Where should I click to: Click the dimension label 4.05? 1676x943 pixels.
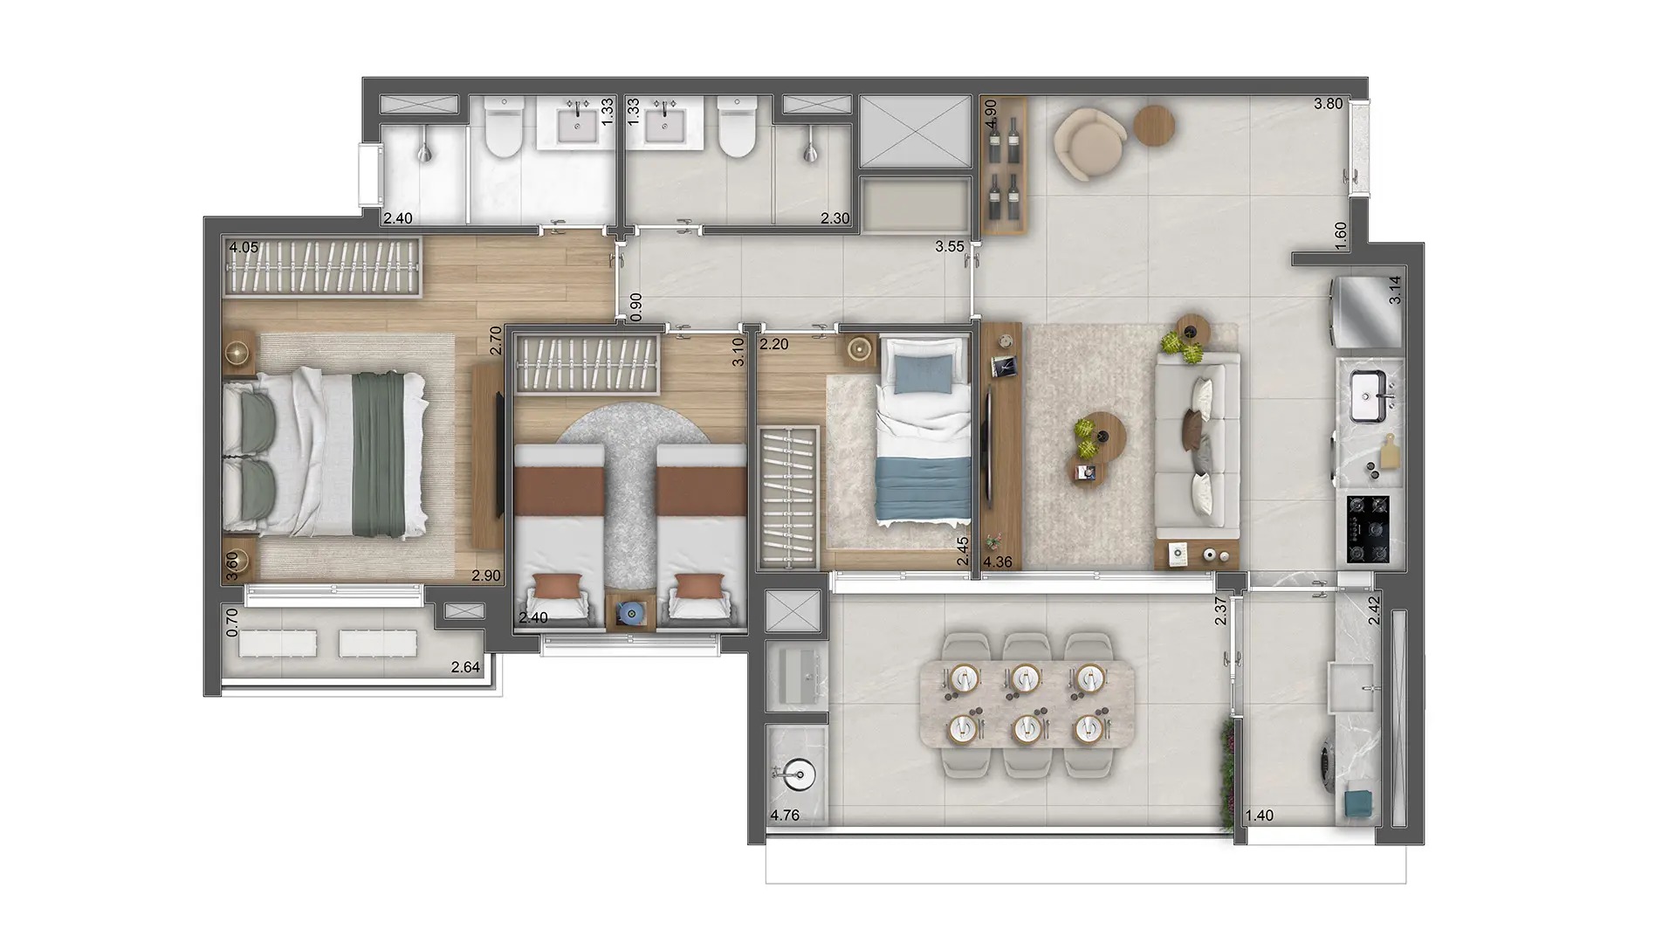click(x=244, y=248)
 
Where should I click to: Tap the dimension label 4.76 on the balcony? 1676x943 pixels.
click(x=785, y=816)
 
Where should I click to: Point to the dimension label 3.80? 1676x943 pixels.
click(x=1329, y=104)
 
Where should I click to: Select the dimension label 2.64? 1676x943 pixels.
click(x=465, y=668)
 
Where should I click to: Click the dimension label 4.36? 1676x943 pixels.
click(x=998, y=562)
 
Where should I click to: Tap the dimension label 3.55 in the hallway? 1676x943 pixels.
click(x=950, y=247)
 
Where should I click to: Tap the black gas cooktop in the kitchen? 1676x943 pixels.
click(x=1368, y=530)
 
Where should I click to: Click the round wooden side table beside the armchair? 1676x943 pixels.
click(x=1155, y=125)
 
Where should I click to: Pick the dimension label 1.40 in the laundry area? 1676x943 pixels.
click(x=1259, y=816)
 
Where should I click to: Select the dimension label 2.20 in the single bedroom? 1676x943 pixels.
click(x=774, y=345)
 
